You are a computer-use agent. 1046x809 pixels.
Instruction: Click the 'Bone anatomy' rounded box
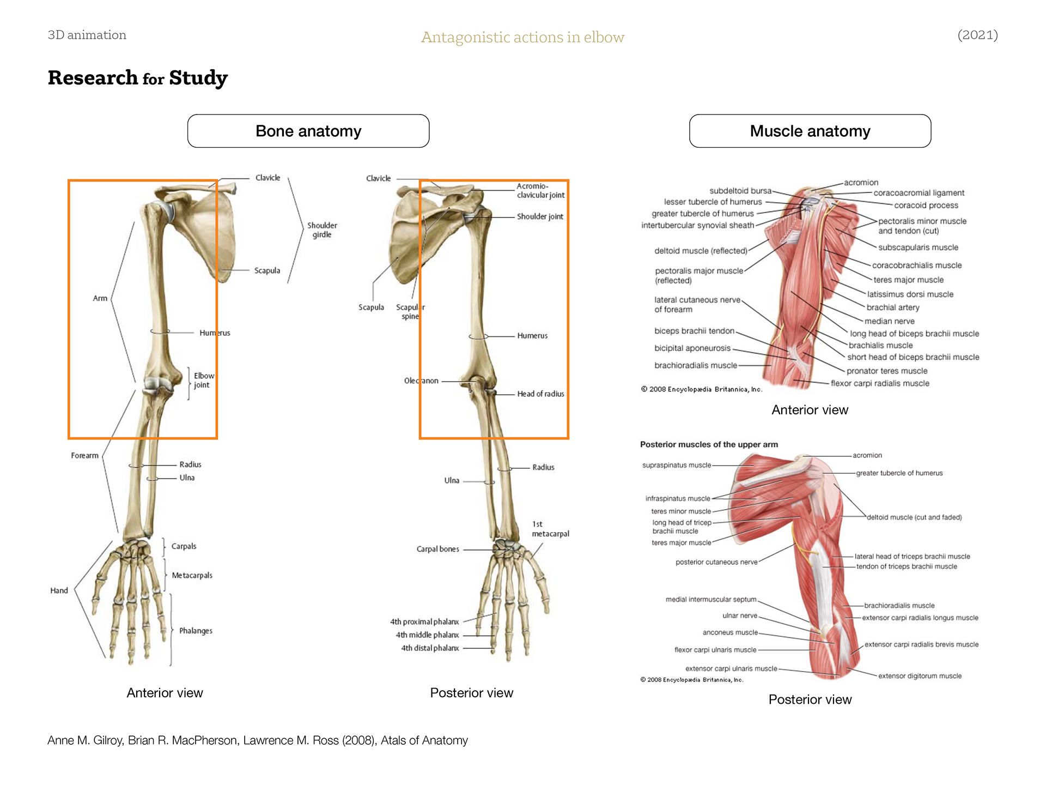pos(308,131)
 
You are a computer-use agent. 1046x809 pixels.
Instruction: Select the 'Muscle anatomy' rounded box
pos(810,131)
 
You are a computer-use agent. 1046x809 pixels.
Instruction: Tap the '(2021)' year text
pos(977,35)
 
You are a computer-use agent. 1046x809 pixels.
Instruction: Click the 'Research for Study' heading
pos(138,78)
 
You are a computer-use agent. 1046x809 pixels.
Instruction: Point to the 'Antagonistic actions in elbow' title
pos(522,37)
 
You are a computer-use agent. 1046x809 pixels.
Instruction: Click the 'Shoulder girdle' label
pos(322,230)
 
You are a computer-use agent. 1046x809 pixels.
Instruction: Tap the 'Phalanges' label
pos(196,631)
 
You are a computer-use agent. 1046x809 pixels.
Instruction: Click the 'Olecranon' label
pos(421,381)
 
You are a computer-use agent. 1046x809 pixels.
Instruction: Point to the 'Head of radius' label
pos(540,394)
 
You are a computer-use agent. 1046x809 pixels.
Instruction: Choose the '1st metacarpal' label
pos(550,529)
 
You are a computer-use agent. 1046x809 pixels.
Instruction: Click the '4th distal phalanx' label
pos(430,648)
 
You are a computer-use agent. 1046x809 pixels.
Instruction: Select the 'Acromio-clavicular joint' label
pos(540,190)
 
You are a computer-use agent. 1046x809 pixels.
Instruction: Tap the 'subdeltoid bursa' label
pos(740,191)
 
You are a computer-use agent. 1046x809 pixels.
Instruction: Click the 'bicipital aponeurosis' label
pos(692,348)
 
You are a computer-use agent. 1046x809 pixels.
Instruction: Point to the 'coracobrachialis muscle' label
pos(917,265)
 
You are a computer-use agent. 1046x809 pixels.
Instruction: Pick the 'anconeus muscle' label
pos(730,632)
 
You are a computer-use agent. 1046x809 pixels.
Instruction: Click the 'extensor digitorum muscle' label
pos(920,676)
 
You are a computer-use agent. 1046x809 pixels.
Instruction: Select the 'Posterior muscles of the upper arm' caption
pos(709,444)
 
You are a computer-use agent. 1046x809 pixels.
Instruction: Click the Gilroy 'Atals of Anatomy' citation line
pos(258,740)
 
